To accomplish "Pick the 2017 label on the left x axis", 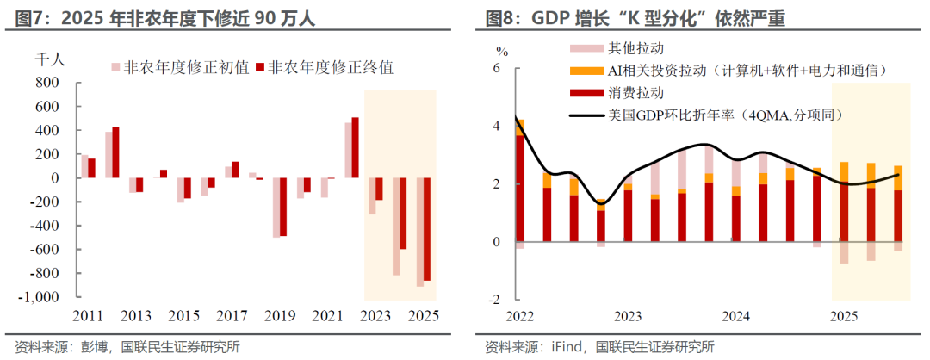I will pos(228,315).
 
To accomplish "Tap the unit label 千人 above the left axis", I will pos(47,59).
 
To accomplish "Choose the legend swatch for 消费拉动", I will pos(583,92).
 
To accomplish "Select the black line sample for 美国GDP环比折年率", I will pos(583,115).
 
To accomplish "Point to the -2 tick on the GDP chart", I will pos(493,300).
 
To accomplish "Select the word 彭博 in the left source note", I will pos(94,347).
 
